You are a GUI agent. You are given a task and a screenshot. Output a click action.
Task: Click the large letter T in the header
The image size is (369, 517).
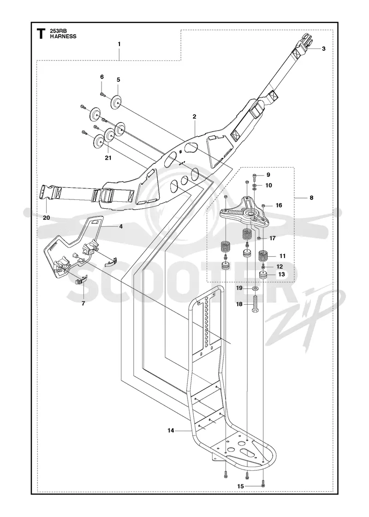click(41, 34)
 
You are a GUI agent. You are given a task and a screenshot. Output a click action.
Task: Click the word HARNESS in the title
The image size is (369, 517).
click(63, 36)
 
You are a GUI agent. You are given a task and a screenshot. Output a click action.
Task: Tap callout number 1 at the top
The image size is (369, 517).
click(119, 44)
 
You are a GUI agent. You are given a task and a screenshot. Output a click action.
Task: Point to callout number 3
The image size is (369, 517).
click(323, 48)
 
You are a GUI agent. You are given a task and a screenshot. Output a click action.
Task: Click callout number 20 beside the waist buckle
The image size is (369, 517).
click(46, 217)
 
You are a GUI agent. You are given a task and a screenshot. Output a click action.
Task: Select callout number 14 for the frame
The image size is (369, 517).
click(170, 430)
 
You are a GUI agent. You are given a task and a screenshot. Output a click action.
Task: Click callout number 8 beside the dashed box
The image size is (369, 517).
click(312, 198)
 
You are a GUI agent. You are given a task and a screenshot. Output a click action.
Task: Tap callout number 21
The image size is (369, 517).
click(108, 158)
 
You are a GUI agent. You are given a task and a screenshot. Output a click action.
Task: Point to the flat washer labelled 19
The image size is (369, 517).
click(256, 289)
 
